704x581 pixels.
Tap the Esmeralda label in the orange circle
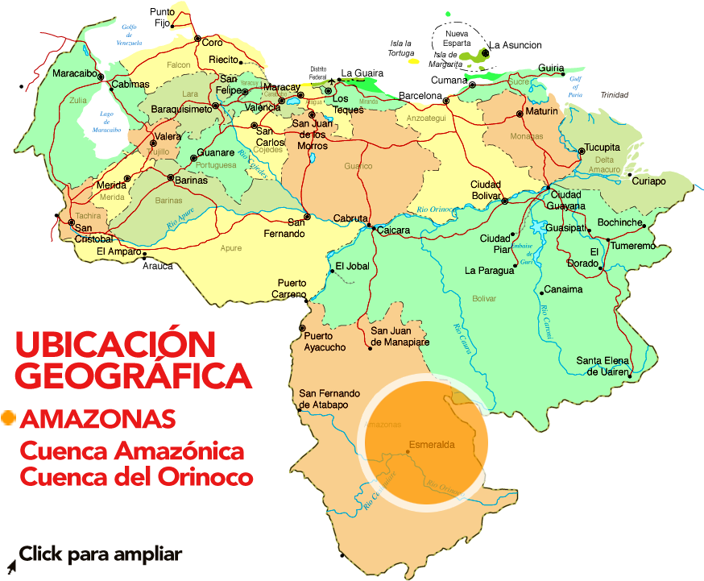pos(432,444)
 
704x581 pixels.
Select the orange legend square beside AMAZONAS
pos(9,417)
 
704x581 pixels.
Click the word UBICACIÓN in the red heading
pos(115,345)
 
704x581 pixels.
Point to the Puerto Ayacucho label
pos(325,342)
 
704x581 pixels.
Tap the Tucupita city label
pos(602,147)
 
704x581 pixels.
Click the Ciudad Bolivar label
pos(486,189)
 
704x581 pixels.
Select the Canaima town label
pos(563,289)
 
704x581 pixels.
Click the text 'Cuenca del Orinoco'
pos(136,477)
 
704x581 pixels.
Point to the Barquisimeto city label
pos(181,107)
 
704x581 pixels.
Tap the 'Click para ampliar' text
pos(101,554)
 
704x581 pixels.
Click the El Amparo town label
pos(118,251)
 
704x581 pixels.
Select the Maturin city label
pos(541,110)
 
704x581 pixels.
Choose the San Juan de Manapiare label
pos(400,336)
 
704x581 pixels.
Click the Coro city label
pos(212,42)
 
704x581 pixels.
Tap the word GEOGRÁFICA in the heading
pos(133,376)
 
